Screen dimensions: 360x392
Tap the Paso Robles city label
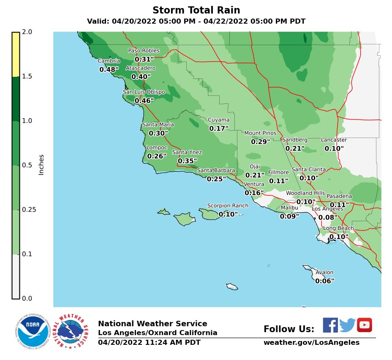(x=144, y=51)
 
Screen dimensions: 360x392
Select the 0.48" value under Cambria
(x=109, y=69)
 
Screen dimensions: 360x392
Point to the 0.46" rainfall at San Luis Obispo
(x=144, y=100)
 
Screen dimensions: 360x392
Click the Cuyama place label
(x=218, y=120)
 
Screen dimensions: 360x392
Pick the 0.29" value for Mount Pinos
(x=260, y=142)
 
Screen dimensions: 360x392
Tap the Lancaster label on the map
(x=334, y=140)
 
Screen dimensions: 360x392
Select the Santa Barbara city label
(x=216, y=171)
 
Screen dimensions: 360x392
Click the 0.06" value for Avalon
(x=324, y=281)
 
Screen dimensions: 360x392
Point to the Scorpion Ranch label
(x=228, y=206)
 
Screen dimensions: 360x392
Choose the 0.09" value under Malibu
(x=289, y=217)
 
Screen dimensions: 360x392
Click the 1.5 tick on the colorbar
(x=27, y=76)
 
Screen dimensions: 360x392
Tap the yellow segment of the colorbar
(x=16, y=54)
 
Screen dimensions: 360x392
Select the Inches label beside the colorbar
(x=41, y=165)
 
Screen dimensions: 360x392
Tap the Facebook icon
(x=330, y=325)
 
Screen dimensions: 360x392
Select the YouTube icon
(x=364, y=325)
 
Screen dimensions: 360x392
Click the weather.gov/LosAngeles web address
(x=311, y=343)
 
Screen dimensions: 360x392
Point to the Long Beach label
(x=338, y=228)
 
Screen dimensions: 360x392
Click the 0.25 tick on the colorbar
(x=29, y=210)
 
